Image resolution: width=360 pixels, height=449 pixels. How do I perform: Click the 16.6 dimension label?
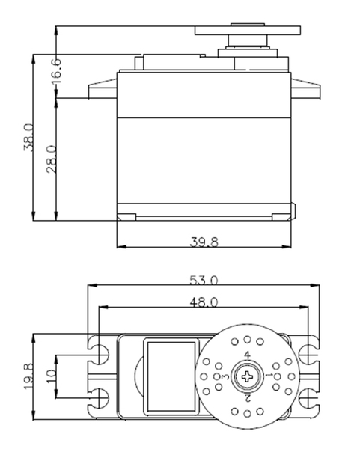(x=56, y=71)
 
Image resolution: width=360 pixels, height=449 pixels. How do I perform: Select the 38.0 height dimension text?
(x=29, y=138)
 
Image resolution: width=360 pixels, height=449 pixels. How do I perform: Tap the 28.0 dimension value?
(x=52, y=159)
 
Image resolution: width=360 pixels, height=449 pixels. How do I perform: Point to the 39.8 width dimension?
(x=204, y=242)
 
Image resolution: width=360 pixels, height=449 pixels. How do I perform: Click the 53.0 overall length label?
(x=204, y=281)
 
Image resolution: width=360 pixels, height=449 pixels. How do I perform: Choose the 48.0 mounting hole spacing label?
(x=204, y=302)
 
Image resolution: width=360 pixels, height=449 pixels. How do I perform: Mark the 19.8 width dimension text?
(x=29, y=376)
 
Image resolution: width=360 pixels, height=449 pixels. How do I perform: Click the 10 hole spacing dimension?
(x=52, y=376)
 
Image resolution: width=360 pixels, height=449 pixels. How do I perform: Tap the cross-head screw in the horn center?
(x=247, y=376)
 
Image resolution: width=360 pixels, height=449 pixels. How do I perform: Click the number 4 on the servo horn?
(x=248, y=355)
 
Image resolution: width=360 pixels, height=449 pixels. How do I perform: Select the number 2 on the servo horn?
(x=248, y=398)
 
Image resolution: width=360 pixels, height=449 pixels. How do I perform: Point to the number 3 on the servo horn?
(x=226, y=376)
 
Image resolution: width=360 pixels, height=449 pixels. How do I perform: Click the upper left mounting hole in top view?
(x=99, y=354)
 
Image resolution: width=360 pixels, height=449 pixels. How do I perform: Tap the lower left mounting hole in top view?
(x=99, y=398)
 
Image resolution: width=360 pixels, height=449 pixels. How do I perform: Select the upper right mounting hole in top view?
(x=308, y=354)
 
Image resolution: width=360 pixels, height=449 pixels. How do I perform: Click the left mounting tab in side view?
(x=103, y=89)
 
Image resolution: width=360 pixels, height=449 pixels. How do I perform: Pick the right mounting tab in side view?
(x=305, y=89)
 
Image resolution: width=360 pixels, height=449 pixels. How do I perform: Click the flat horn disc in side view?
(x=248, y=31)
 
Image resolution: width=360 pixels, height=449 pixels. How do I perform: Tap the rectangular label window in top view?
(x=171, y=376)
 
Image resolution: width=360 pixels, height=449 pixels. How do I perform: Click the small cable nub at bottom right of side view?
(x=293, y=211)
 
